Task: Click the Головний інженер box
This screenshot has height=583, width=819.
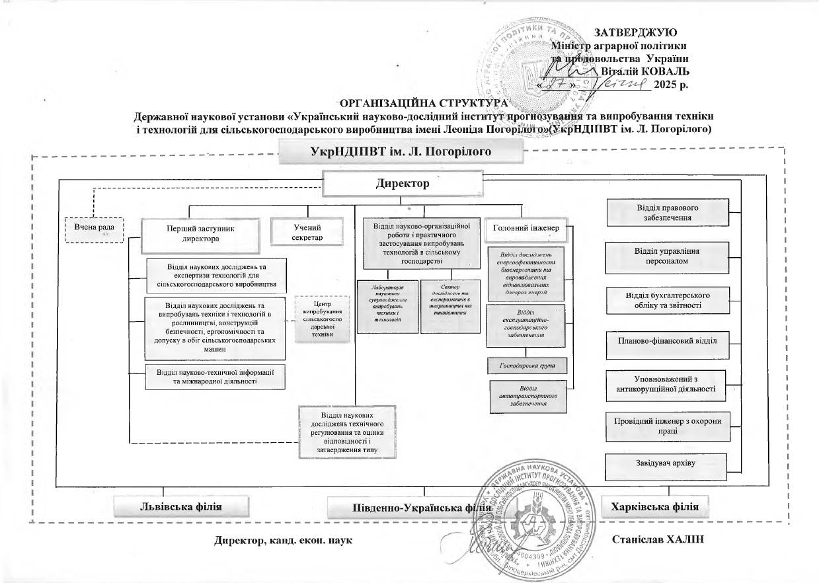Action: coord(526,228)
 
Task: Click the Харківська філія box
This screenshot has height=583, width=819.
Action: coord(658,507)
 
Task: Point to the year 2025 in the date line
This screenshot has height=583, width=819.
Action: coord(666,85)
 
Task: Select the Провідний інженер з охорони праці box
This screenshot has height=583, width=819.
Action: coord(668,426)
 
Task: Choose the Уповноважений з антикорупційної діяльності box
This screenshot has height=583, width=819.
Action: coord(668,384)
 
